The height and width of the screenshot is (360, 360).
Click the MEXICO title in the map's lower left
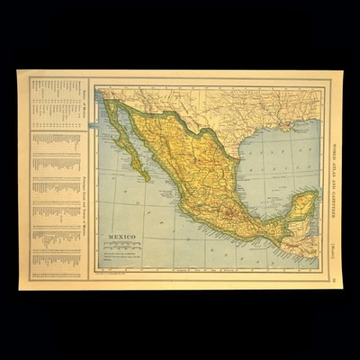(x=124, y=238)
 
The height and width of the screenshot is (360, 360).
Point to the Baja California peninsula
(x=126, y=144)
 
